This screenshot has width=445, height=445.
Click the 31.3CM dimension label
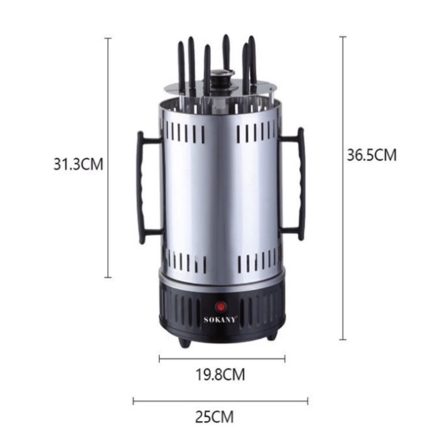(79, 164)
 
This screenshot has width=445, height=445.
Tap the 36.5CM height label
(372, 155)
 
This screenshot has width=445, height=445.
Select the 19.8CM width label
(220, 374)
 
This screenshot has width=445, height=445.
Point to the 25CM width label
(214, 417)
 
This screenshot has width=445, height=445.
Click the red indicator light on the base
(220, 307)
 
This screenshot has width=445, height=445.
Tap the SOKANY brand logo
(220, 320)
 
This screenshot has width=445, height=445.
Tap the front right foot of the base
(271, 335)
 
